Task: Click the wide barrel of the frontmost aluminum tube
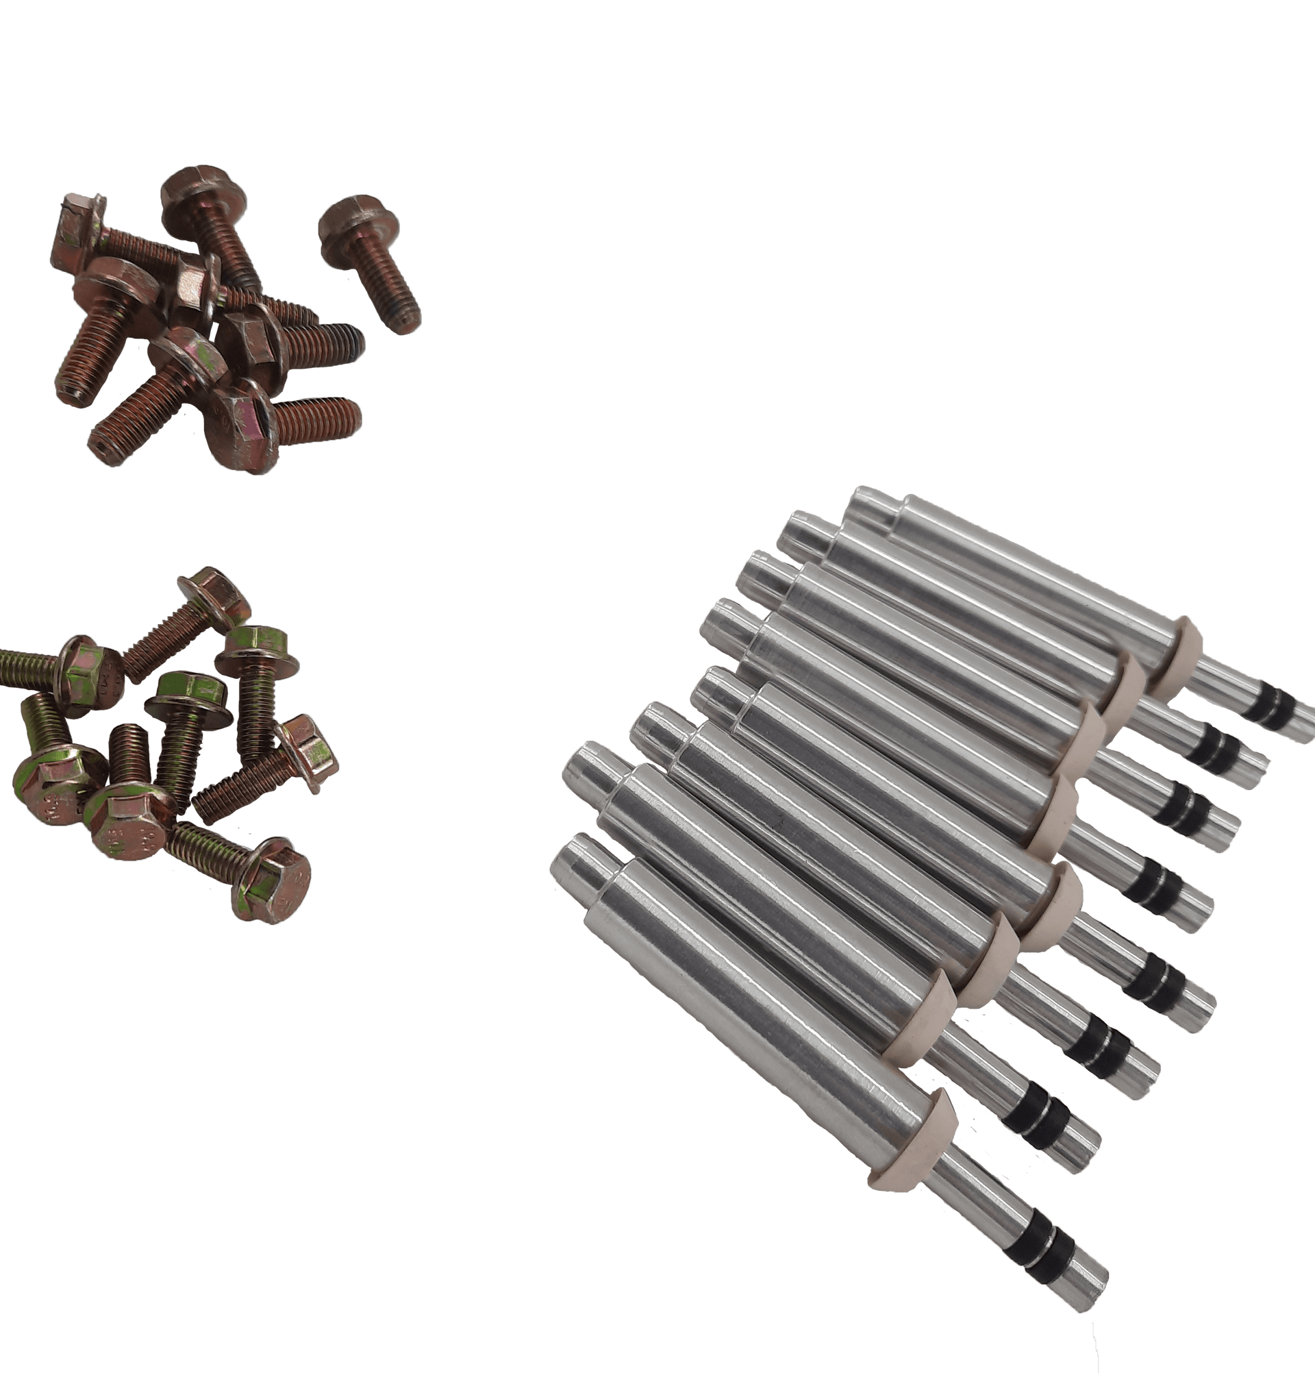click(756, 1009)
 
